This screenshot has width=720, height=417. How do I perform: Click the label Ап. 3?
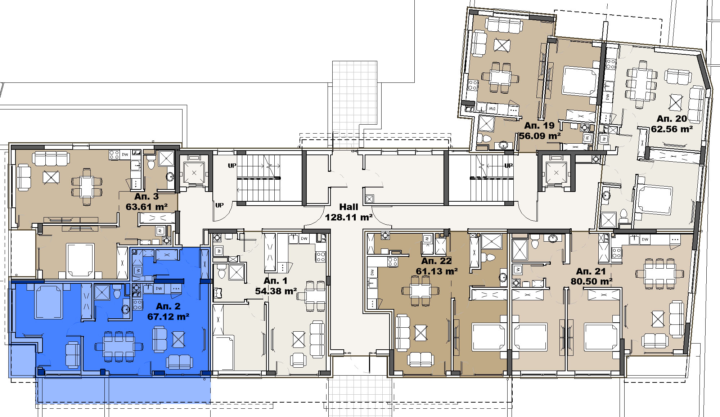click(x=147, y=197)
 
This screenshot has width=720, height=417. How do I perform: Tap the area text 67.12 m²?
click(x=168, y=317)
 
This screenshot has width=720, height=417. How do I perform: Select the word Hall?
click(x=348, y=207)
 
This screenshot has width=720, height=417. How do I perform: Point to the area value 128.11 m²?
click(x=348, y=218)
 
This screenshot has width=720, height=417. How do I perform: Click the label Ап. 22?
click(x=436, y=261)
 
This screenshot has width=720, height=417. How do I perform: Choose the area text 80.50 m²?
click(x=591, y=282)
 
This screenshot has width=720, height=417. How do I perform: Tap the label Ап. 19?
click(x=539, y=126)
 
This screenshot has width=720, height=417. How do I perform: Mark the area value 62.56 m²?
click(x=672, y=129)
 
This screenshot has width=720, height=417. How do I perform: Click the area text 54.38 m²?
click(x=276, y=291)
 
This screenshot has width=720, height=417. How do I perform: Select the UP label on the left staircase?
click(x=232, y=166)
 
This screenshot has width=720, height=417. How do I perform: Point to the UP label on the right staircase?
click(x=508, y=166)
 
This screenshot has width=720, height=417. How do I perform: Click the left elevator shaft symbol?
click(x=194, y=172)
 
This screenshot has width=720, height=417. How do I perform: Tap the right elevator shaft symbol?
click(x=556, y=173)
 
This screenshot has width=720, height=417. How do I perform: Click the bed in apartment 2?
click(x=49, y=302)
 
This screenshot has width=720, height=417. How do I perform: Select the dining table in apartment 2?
click(x=118, y=347)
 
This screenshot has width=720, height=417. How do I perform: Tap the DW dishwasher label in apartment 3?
click(x=125, y=154)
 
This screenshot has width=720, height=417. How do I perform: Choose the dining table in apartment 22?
click(x=420, y=290)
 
